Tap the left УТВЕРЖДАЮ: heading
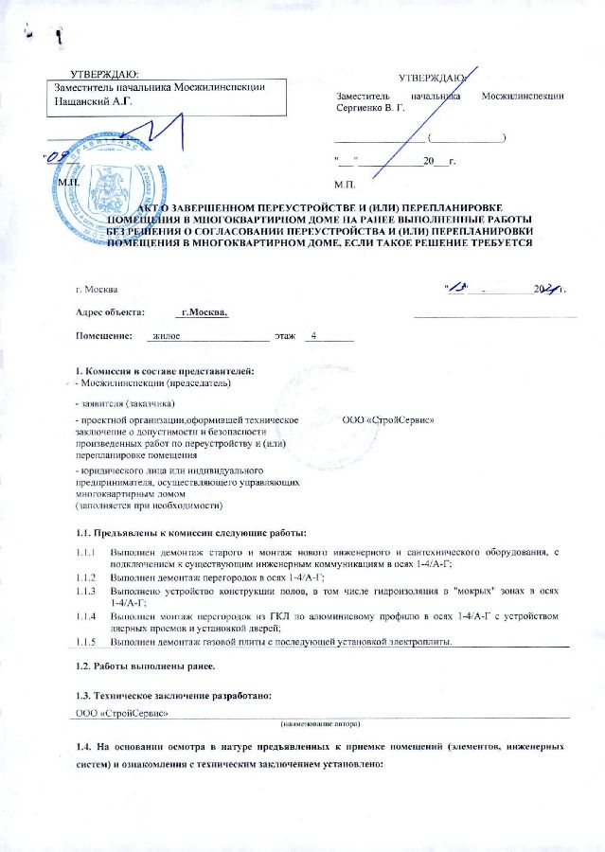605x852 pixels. (x=105, y=73)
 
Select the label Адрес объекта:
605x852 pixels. (x=111, y=311)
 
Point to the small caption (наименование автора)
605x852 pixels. (x=322, y=723)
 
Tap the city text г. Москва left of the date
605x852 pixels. (x=97, y=288)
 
